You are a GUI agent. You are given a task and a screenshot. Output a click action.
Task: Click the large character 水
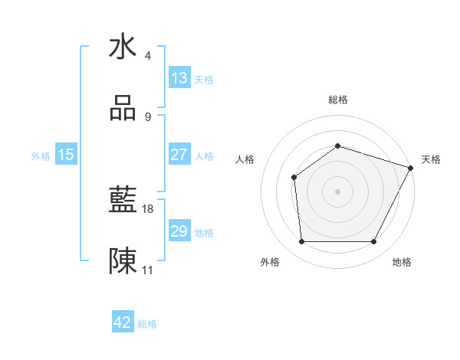123,47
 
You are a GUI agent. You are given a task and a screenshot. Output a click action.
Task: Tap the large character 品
123,110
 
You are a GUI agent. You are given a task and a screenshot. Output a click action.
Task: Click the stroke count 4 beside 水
148,56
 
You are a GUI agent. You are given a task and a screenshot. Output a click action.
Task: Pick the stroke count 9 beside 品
148,117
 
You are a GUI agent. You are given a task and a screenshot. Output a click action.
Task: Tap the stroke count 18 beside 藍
149,208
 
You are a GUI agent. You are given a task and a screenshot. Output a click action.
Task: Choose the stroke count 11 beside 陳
149,270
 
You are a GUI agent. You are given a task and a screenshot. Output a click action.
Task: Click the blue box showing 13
179,77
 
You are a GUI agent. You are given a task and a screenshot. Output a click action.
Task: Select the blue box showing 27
179,154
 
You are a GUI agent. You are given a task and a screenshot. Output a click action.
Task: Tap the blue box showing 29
179,231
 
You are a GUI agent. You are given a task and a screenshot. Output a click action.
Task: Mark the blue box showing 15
66,154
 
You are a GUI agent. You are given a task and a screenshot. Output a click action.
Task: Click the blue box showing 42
123,322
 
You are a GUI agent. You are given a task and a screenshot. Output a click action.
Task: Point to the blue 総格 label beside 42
147,324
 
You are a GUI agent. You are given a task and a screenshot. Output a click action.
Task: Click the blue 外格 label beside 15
41,155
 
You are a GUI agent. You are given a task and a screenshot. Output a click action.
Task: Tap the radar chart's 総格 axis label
337,100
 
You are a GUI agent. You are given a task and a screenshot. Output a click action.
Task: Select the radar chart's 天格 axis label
431,159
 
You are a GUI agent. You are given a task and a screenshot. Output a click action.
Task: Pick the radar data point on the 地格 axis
374,242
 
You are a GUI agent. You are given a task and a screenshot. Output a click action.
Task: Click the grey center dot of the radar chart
337,191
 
